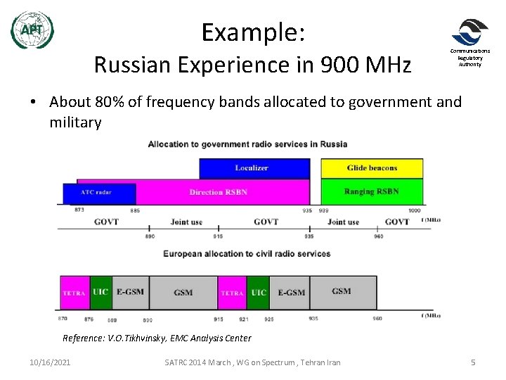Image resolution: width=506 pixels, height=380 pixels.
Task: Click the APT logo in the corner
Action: [x=32, y=30]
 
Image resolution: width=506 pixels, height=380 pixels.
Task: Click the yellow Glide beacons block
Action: [x=372, y=168]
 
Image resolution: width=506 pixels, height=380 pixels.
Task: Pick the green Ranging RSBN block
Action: [x=372, y=191]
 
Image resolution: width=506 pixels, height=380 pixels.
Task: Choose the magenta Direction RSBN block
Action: [x=218, y=192]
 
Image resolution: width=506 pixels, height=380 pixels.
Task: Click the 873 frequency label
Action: [x=79, y=210]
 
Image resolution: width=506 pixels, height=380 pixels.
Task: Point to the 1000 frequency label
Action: [x=414, y=210]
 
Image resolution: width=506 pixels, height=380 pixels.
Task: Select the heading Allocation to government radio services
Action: [x=247, y=144]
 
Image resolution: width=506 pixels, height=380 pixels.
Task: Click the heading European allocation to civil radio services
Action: [x=247, y=253]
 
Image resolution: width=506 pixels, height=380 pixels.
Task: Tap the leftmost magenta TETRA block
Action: [x=74, y=293]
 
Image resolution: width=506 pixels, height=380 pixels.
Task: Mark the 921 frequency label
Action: [x=243, y=319]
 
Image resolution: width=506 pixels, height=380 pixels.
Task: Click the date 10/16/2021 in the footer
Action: [x=50, y=362]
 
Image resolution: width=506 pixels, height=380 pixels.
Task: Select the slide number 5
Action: [x=473, y=362]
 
